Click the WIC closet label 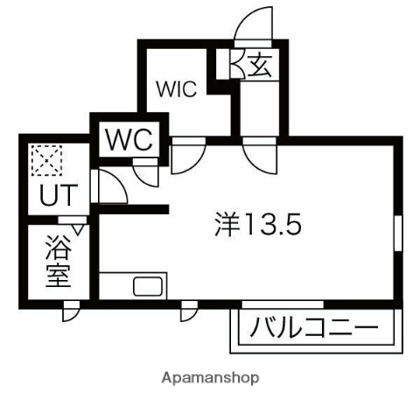pos(177,88)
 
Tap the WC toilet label pos(129,139)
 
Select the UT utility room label pos(59,195)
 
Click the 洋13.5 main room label pos(257,224)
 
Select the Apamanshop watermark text pos(210,378)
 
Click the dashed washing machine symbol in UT pos(46,160)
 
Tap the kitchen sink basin pos(148,286)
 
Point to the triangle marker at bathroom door pos(77,229)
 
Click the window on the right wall pos(398,234)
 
